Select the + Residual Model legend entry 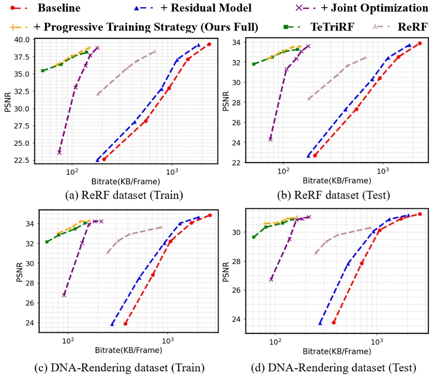point(207,8)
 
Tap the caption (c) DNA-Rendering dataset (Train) point(119,368)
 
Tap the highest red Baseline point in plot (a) point(209,44)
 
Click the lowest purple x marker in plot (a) point(59,152)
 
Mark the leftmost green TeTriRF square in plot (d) point(254,237)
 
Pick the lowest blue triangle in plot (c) point(113,324)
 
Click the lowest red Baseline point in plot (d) point(334,322)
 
